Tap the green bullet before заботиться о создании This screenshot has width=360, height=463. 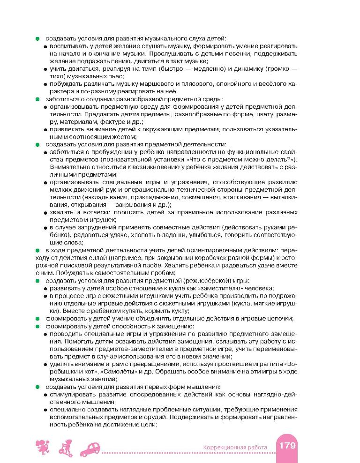tap(37, 99)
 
